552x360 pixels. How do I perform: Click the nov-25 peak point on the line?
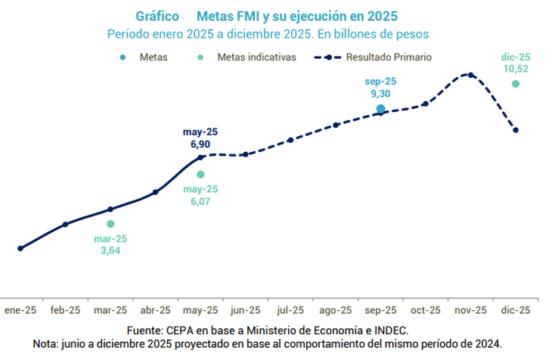[x=470, y=75]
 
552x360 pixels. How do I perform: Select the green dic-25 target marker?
[x=516, y=84]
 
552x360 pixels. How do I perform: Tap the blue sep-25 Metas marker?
[x=380, y=109]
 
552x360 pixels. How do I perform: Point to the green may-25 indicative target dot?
[x=200, y=175]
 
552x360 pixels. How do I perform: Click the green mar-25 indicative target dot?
[x=110, y=224]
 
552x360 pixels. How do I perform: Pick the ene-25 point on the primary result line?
[x=20, y=248]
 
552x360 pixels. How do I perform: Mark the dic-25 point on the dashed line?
[x=516, y=130]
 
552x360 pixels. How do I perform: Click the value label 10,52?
[x=516, y=68]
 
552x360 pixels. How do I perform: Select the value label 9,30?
[x=380, y=94]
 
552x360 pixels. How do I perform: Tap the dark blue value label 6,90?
[x=200, y=143]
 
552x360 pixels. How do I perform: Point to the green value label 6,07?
[x=200, y=201]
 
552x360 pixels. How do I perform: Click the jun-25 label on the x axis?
[x=245, y=310]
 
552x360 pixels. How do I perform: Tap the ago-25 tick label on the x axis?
[x=335, y=310]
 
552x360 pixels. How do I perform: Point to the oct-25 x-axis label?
[x=425, y=310]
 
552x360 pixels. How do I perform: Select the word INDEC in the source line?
[x=391, y=330]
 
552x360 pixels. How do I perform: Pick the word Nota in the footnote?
[x=48, y=343]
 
